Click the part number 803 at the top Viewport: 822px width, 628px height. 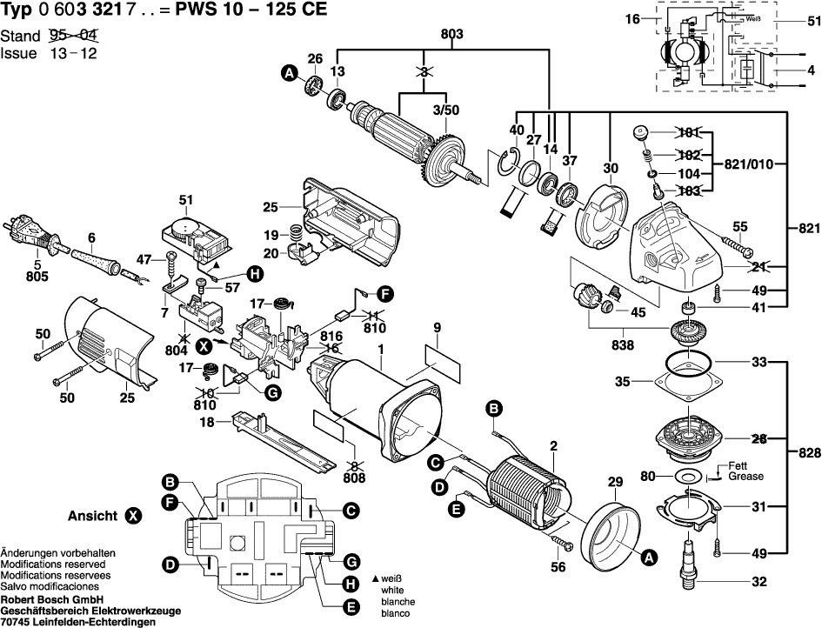point(452,34)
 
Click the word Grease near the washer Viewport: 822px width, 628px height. point(746,477)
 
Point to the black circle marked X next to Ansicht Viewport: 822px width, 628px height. point(132,516)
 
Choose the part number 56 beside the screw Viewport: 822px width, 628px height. point(558,567)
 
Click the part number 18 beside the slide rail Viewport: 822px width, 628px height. point(206,422)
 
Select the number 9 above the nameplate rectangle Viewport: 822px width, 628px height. point(438,327)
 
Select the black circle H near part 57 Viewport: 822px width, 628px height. point(253,274)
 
